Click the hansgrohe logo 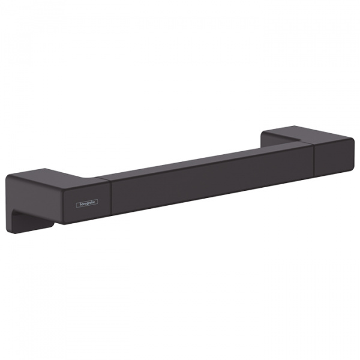[87, 203]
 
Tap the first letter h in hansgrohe [81, 204]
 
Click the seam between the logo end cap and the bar [111, 198]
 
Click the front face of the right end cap [334, 158]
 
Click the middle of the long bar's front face [212, 179]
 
